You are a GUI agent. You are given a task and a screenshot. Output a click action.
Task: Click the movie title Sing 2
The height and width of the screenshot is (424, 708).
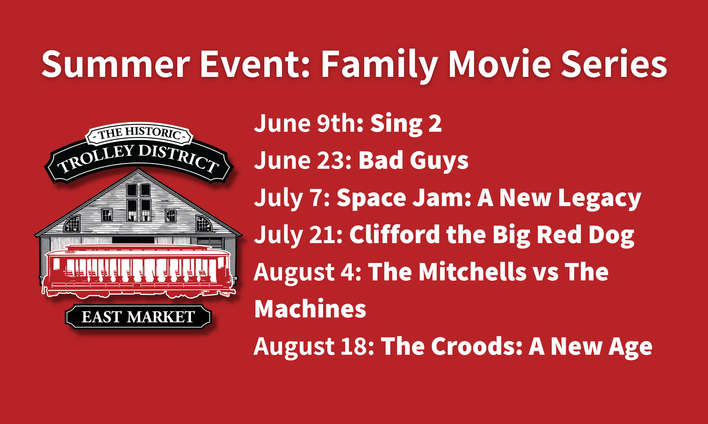pyautogui.click(x=406, y=124)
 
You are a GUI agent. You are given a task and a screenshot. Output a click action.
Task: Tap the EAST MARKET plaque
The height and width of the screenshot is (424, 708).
pyautogui.click(x=138, y=317)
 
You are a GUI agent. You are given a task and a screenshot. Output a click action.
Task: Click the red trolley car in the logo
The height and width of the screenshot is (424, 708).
pyautogui.click(x=139, y=271)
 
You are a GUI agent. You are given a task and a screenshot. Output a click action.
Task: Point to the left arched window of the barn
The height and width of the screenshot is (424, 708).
pyautogui.click(x=72, y=224)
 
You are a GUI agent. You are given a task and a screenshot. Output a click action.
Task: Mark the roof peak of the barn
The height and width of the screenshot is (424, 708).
pyautogui.click(x=138, y=169)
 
